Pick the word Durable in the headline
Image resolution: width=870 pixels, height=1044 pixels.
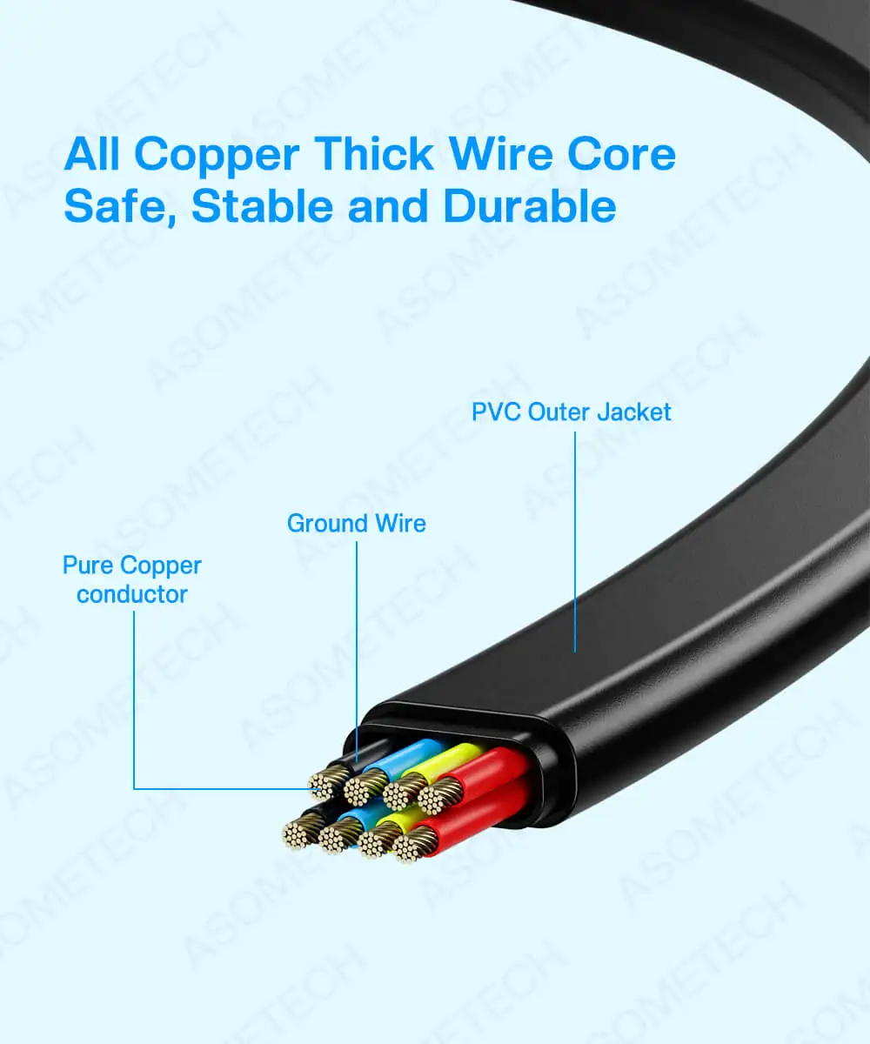529,207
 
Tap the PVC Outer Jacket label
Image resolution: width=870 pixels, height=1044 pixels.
572,412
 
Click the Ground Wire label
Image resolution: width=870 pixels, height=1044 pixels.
357,524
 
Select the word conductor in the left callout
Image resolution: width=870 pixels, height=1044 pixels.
132,595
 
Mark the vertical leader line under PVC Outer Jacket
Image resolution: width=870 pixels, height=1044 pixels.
575,539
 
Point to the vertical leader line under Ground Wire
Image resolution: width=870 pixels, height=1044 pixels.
357,644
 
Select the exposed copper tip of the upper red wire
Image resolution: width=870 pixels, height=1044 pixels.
440,794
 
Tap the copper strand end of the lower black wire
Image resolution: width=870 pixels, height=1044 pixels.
299,833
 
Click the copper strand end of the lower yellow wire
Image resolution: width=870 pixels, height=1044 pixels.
378,840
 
